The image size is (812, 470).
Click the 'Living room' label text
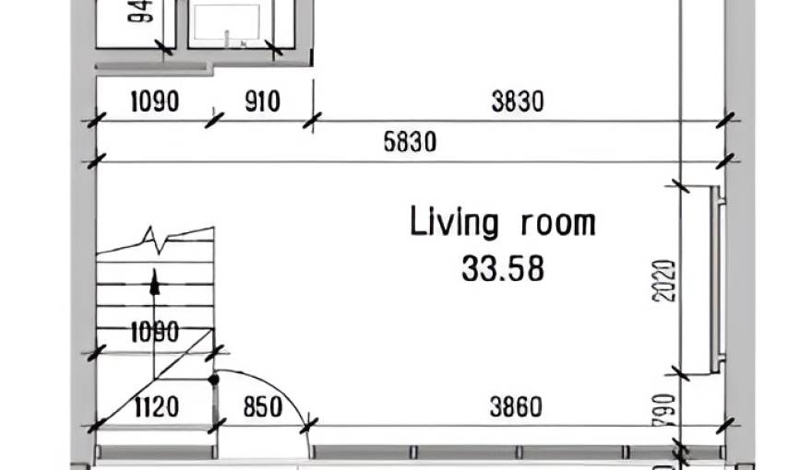click(503, 223)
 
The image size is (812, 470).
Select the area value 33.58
click(503, 268)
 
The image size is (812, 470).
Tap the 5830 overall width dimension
click(410, 143)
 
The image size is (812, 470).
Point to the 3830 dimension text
click(517, 101)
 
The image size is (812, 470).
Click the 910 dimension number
click(262, 101)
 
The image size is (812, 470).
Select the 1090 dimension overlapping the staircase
click(155, 333)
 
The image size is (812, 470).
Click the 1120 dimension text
click(155, 406)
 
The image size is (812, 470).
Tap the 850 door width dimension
click(262, 406)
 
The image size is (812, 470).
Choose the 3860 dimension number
click(517, 406)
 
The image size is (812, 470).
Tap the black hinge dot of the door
click(214, 378)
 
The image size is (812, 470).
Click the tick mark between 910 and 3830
click(313, 119)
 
